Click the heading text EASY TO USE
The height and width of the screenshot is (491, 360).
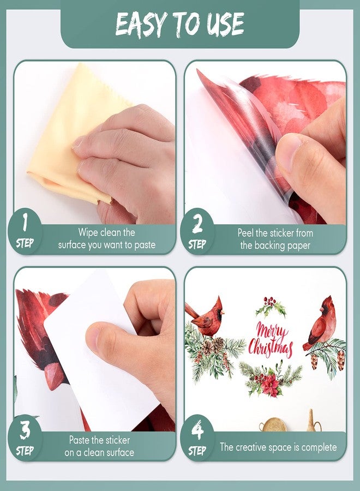click(179, 24)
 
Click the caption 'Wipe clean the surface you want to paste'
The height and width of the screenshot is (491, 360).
click(107, 239)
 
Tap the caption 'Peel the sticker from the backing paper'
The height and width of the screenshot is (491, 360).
click(275, 239)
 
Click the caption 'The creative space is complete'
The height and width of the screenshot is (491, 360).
click(278, 447)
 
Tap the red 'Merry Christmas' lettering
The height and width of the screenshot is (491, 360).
click(271, 339)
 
